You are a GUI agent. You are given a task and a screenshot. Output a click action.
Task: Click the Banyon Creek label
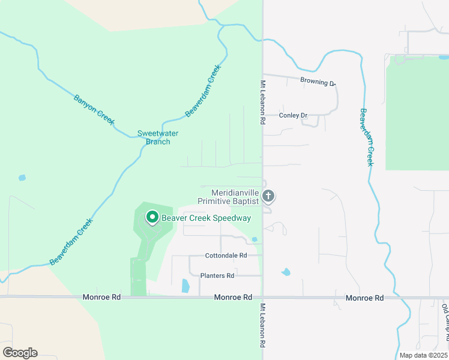94,109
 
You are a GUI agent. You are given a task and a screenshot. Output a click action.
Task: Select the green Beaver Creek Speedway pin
152,217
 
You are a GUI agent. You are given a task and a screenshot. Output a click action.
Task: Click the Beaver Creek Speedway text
206,218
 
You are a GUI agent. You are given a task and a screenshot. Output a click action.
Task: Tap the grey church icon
268,196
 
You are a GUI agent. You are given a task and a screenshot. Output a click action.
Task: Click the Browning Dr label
318,82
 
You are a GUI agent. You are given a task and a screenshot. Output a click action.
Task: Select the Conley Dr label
294,115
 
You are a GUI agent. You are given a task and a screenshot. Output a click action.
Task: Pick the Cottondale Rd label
226,255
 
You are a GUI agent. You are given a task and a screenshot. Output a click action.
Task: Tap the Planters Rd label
217,275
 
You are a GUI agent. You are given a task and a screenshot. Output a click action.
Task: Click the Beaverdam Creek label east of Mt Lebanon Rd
367,137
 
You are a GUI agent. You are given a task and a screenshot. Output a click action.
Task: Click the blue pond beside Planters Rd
185,286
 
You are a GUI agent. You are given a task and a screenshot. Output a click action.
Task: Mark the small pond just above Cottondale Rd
255,239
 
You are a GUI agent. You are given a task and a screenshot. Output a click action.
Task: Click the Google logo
20,353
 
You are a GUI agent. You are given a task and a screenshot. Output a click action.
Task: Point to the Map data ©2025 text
424,355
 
